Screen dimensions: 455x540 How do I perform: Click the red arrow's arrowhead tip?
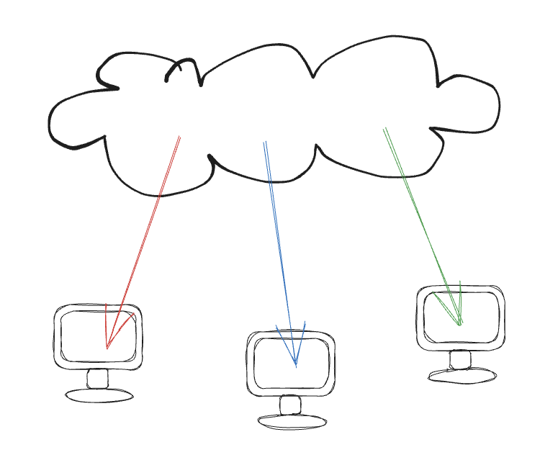tap(107, 348)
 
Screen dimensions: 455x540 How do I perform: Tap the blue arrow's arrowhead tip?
tap(295, 366)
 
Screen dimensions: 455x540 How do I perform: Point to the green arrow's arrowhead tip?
tap(460, 325)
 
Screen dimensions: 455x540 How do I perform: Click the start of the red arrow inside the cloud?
tap(179, 137)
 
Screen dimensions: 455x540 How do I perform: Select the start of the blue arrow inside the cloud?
tap(265, 142)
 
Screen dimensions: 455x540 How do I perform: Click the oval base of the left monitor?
tap(99, 395)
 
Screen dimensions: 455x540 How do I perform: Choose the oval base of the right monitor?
tap(462, 375)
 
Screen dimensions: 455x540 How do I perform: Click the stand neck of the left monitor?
tap(97, 379)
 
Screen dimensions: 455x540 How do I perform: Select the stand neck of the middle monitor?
tap(290, 405)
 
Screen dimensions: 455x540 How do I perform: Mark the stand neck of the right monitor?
tap(460, 359)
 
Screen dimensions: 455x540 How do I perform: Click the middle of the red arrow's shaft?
tap(143, 242)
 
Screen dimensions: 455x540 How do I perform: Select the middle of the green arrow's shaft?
tap(423, 226)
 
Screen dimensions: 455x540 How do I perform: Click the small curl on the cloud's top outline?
tap(182, 67)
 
